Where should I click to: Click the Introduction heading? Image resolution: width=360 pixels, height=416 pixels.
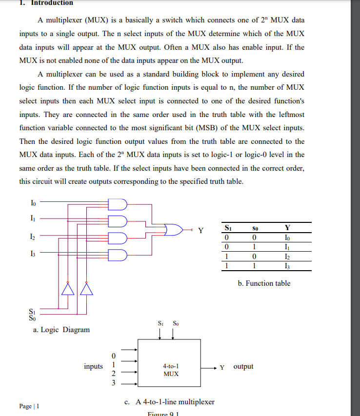[52, 3]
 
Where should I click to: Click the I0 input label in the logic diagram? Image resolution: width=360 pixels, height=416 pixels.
[33, 202]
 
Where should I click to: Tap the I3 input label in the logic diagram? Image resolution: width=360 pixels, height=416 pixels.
[33, 254]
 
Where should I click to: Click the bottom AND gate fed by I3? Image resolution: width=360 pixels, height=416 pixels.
[118, 255]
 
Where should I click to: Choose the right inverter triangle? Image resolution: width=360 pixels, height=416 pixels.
[87, 290]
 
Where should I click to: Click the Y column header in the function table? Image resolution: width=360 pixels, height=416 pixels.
[287, 227]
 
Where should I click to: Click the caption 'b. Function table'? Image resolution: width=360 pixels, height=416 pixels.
[264, 283]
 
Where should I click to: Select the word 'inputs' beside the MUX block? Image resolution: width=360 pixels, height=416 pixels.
[93, 366]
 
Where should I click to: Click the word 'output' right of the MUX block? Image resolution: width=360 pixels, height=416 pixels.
[243, 366]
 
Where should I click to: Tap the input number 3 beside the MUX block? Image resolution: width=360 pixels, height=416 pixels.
[113, 383]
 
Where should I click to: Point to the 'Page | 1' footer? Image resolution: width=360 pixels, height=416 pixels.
[29, 406]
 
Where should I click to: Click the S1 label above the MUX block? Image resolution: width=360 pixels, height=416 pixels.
[161, 323]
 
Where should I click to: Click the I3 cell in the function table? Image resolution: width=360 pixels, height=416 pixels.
[287, 266]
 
